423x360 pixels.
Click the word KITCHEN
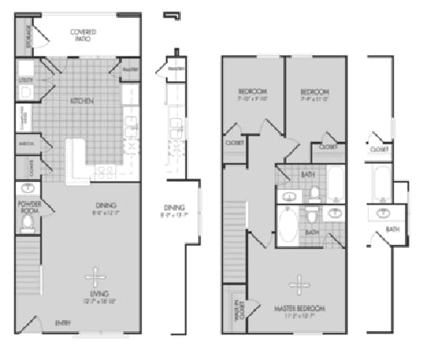pyautogui.click(x=83, y=101)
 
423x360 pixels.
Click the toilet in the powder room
pyautogui.click(x=26, y=222)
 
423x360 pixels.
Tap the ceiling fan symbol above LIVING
pyautogui.click(x=96, y=275)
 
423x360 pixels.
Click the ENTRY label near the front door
pyautogui.click(x=63, y=323)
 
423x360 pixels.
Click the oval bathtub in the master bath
pyautogui.click(x=288, y=226)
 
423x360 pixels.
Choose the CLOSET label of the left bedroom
pyautogui.click(x=235, y=143)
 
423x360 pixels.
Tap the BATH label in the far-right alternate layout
pyautogui.click(x=393, y=228)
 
